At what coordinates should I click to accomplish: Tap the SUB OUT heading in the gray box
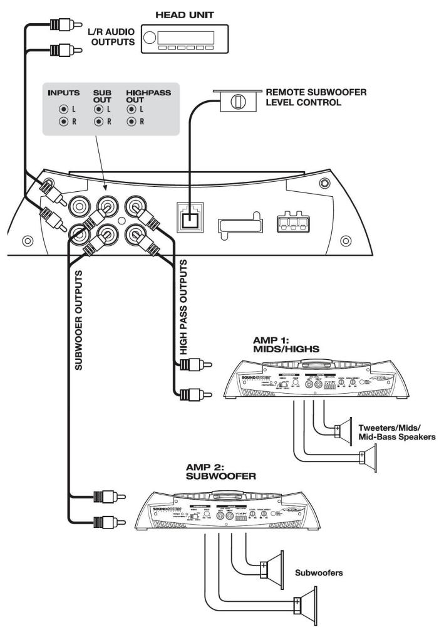pos(101,96)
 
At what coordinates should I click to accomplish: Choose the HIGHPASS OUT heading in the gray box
pos(145,96)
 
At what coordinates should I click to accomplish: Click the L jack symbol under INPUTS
pos(63,109)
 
